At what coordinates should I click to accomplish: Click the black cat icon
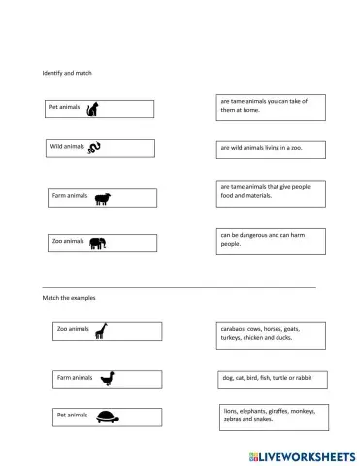92,110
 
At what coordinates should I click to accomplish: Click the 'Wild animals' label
67,147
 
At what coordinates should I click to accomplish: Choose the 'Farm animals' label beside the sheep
70,196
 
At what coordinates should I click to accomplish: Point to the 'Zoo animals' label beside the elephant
68,241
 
